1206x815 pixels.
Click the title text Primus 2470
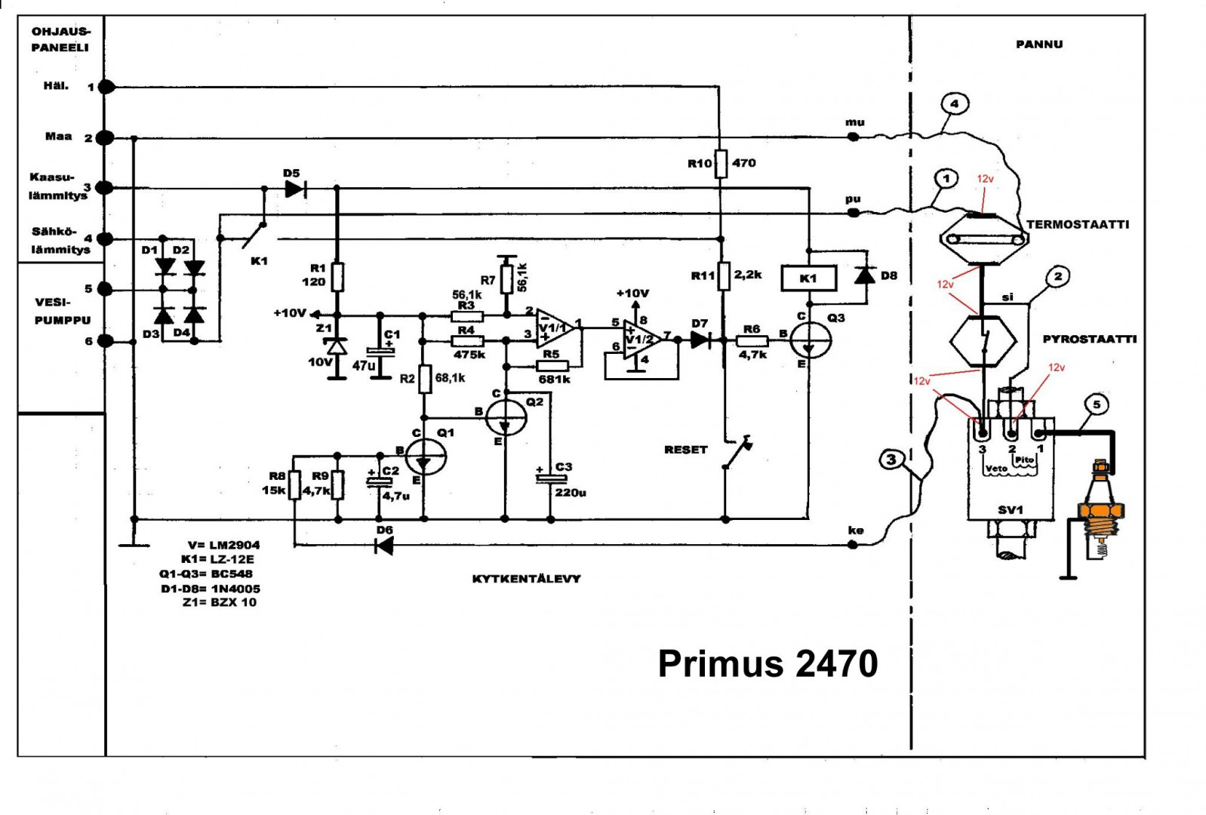[x=768, y=664]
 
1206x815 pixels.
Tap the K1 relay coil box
[x=808, y=278]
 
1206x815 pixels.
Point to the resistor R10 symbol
[x=721, y=163]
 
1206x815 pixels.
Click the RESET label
[x=685, y=450]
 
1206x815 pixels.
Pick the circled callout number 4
[x=955, y=104]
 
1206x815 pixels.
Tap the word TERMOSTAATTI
[x=1078, y=224]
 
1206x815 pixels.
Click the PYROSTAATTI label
[x=1089, y=340]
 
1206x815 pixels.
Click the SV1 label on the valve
[x=1010, y=510]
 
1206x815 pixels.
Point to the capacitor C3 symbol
[x=551, y=478]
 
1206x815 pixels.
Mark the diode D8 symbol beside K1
[x=866, y=275]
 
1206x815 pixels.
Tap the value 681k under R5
[x=555, y=380]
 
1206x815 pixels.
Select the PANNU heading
[x=1038, y=45]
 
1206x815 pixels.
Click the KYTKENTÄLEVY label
[x=526, y=579]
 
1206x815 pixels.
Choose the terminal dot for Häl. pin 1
[x=107, y=87]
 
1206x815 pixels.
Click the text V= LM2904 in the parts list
[x=223, y=545]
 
